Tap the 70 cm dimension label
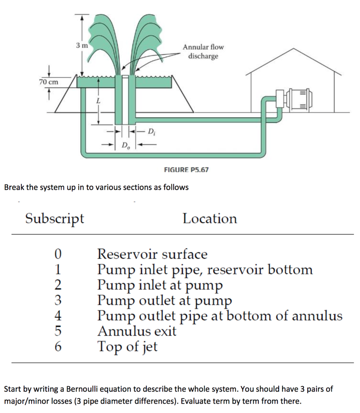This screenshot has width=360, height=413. click(49, 82)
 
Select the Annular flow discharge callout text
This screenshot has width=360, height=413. click(203, 52)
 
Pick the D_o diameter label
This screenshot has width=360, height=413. click(125, 145)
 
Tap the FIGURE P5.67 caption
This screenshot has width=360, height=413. click(186, 170)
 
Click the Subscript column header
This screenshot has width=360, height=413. click(55, 219)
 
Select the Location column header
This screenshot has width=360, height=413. click(210, 219)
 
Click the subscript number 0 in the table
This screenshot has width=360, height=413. click(58, 254)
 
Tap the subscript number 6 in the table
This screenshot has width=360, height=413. click(58, 346)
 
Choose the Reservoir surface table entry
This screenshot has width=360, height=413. click(152, 254)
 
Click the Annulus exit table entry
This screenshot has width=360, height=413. click(137, 331)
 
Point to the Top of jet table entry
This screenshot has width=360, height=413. click(127, 346)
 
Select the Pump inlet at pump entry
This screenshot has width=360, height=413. click(160, 285)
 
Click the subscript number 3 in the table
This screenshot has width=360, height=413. click(58, 300)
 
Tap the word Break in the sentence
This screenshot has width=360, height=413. click(13, 188)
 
